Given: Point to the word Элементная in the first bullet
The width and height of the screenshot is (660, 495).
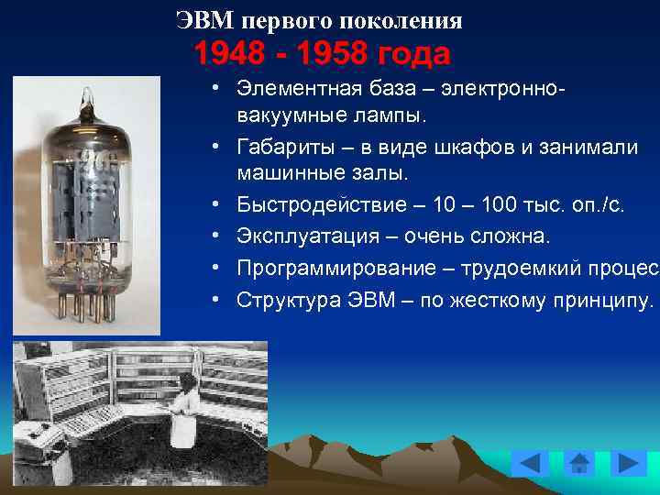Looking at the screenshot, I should click(x=302, y=90).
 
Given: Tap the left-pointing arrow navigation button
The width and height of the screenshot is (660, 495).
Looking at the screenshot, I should click(x=530, y=464).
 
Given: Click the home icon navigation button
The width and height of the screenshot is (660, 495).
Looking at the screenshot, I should click(x=579, y=464).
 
